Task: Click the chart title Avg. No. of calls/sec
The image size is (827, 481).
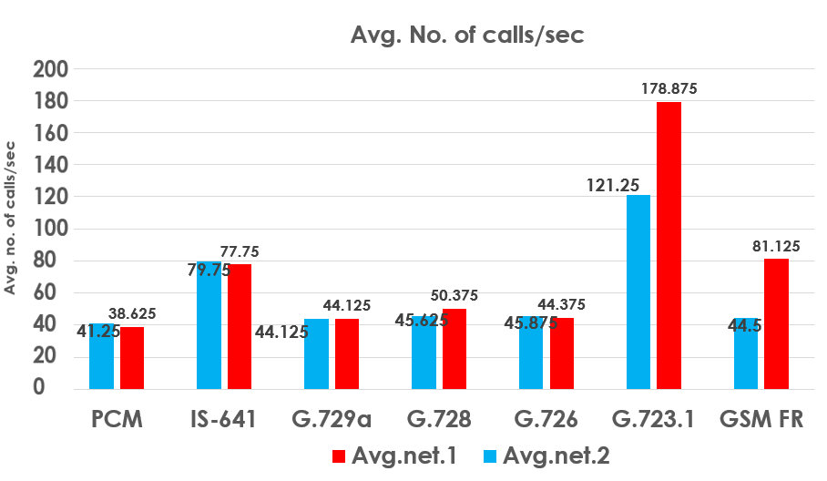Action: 467,36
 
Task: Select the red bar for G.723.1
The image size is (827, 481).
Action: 669,245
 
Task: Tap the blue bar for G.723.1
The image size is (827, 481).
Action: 638,292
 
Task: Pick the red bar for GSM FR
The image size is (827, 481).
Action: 776,323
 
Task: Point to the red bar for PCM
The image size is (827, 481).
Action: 132,357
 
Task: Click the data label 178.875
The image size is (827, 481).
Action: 668,88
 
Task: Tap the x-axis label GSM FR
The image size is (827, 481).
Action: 761,420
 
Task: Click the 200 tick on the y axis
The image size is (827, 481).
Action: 50,69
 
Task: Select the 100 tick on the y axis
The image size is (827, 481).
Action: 50,229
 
